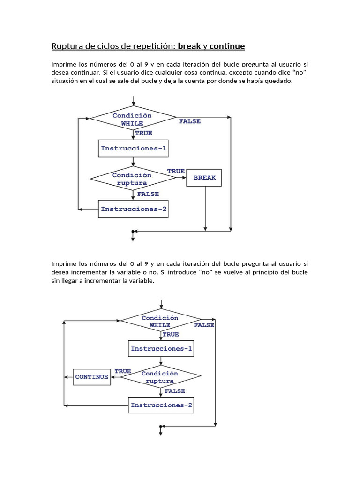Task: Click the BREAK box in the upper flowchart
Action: coord(204,178)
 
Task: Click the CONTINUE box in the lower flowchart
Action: coord(92,377)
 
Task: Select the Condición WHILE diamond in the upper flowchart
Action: coord(133,119)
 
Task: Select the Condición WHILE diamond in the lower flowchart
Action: coord(160,321)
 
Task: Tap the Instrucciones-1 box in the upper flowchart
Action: coord(134,148)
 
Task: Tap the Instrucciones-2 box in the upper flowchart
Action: coord(134,209)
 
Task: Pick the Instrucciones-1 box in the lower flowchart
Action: coord(161,349)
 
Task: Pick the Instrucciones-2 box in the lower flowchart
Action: coord(161,405)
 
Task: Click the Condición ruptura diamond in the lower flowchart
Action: coord(160,377)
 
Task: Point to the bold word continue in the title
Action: coord(227,46)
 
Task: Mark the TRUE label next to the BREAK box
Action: coord(176,171)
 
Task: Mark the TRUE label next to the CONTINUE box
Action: coord(123,371)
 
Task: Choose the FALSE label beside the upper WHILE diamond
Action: coord(190,121)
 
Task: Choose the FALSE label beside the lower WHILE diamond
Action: coord(204,325)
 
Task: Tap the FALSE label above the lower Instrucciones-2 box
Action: coord(175,391)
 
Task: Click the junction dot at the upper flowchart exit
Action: coord(133,231)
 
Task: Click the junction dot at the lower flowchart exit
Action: coord(160,427)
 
